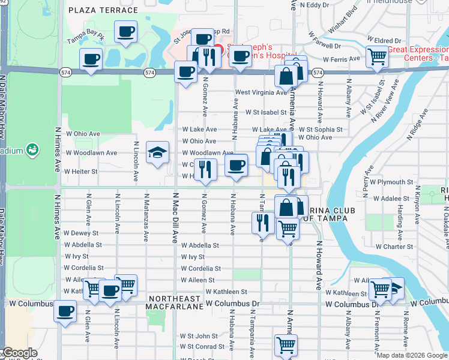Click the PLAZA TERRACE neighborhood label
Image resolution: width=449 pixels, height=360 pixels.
click(103, 10)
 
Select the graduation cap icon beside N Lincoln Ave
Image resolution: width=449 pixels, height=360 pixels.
click(157, 153)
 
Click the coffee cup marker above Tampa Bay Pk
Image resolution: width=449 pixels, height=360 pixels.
click(125, 31)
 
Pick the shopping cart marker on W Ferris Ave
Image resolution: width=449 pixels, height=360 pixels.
click(377, 56)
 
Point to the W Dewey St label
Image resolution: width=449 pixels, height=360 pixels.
click(82, 233)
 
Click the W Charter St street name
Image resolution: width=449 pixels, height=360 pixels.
click(394, 246)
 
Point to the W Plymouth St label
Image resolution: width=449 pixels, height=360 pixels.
click(391, 182)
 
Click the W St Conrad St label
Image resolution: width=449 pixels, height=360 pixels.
click(202, 346)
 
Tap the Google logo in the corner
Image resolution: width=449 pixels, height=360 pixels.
click(19, 353)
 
